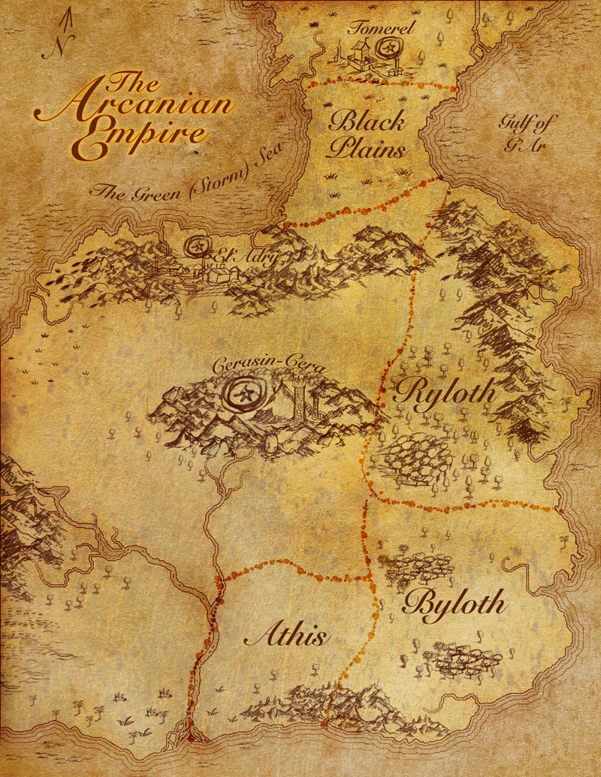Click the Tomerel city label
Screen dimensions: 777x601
tap(382, 29)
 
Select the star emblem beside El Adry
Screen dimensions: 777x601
tap(198, 246)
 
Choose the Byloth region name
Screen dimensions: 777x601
tap(455, 604)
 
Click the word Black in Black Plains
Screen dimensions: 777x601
tap(367, 121)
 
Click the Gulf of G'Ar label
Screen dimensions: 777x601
tap(523, 133)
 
